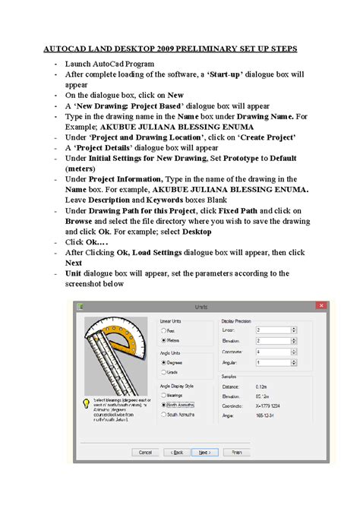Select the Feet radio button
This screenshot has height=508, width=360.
164,330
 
